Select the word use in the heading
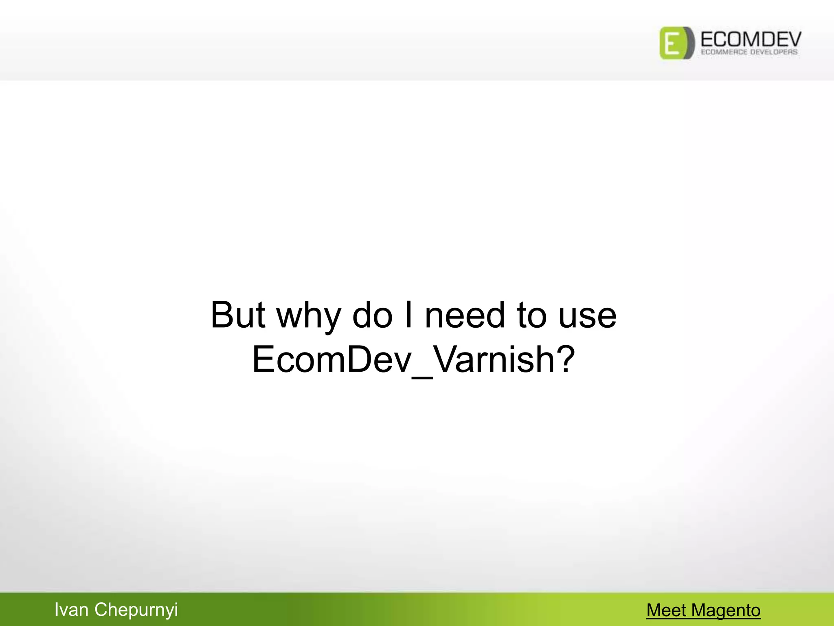pos(588,316)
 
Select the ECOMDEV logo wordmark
pos(751,39)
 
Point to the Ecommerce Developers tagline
pos(749,52)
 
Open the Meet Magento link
pos(703,611)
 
